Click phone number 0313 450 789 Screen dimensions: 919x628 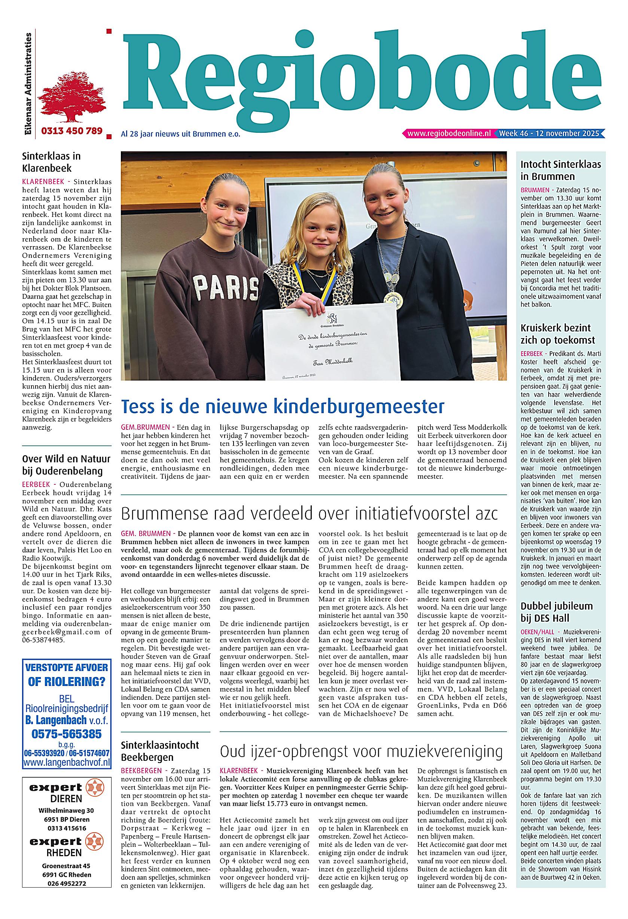pyautogui.click(x=71, y=131)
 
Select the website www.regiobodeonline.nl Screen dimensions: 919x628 pyautogui.click(x=449, y=134)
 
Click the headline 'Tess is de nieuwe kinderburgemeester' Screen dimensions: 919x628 pyautogui.click(x=283, y=407)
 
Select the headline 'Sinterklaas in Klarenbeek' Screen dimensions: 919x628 pyautogui.click(x=51, y=162)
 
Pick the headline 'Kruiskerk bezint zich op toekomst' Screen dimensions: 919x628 pyautogui.click(x=558, y=334)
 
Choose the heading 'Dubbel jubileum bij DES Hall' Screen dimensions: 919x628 pyautogui.click(x=557, y=612)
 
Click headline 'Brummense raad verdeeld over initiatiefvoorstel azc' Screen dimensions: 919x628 pyautogui.click(x=309, y=514)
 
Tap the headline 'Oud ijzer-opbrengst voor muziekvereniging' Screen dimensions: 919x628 pyautogui.click(x=361, y=751)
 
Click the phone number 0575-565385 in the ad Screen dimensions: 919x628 pyautogui.click(x=67, y=734)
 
